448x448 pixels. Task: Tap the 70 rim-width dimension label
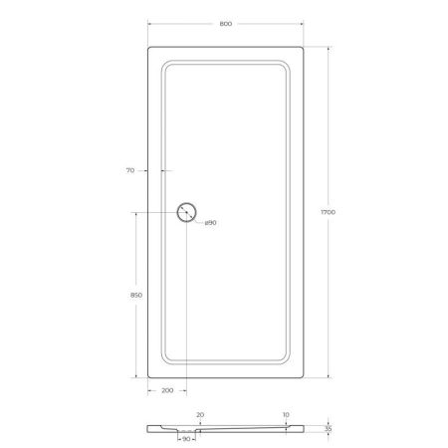point(129,171)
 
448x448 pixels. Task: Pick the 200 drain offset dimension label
point(166,390)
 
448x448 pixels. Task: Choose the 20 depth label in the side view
point(199,413)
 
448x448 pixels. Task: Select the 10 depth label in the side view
point(285,413)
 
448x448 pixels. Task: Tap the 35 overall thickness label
point(330,429)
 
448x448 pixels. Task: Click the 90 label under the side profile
point(186,439)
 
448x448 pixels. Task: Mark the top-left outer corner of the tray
point(148,46)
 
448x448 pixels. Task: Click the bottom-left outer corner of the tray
point(148,378)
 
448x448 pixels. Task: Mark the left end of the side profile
point(148,429)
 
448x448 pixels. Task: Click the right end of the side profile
point(306,429)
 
